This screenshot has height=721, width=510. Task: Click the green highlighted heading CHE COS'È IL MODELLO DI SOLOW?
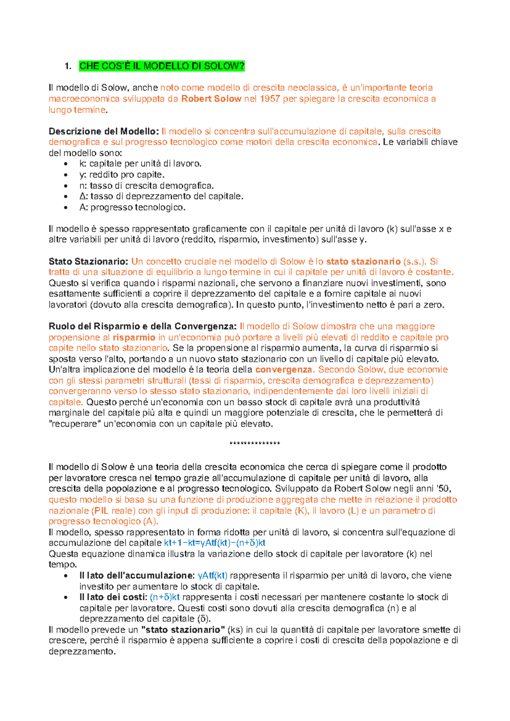pos(162,66)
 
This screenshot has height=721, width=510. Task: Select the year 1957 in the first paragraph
pos(270,99)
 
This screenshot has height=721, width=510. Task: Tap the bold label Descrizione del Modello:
pos(104,131)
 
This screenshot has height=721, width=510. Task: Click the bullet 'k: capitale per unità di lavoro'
pos(140,164)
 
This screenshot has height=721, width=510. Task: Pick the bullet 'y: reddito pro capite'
pos(122,175)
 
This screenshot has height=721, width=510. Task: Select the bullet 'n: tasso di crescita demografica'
pos(146,186)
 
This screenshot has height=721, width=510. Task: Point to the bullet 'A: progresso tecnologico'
pos(132,207)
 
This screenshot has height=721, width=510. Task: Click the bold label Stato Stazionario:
pos(88,261)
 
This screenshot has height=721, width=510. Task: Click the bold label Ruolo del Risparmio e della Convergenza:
pos(142,326)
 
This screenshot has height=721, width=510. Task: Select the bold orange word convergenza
pos(284,369)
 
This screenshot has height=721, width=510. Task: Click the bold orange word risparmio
pos(134,338)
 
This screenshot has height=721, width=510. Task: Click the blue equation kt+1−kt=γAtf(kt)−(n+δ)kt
pos(215,543)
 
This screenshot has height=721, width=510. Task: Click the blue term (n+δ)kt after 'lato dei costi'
pos(165,597)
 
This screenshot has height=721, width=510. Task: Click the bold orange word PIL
pos(101,511)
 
